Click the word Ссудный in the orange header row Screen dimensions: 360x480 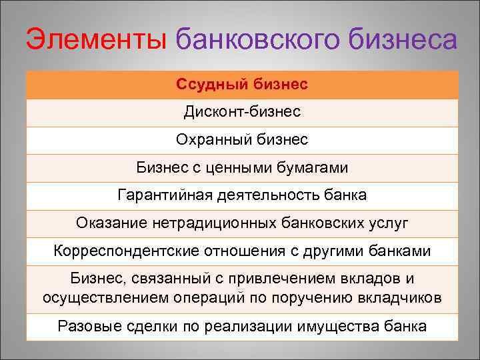[213, 85]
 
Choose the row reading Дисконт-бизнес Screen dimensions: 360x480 [242, 112]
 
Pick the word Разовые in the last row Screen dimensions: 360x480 [87, 327]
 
